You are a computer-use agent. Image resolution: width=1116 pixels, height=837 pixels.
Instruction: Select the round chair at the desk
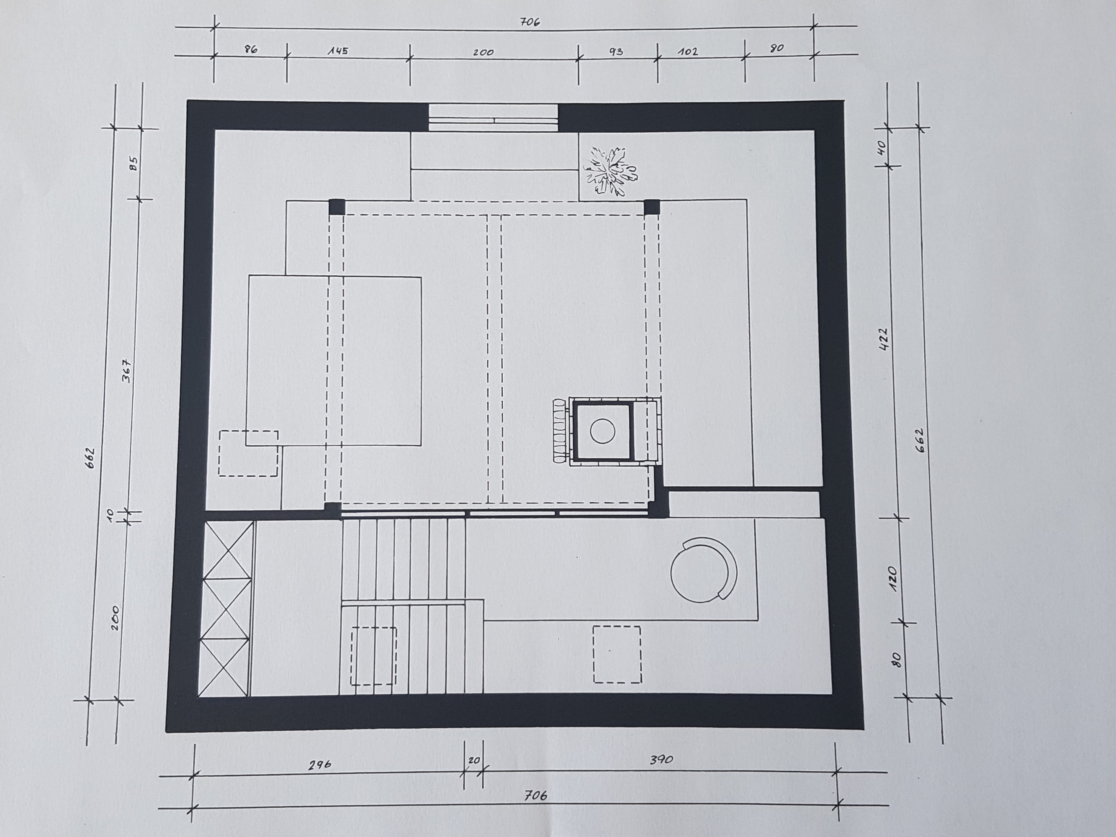point(704,570)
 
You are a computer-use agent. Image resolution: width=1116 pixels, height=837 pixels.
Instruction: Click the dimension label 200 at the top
point(483,52)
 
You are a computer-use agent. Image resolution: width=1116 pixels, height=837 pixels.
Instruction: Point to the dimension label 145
point(338,51)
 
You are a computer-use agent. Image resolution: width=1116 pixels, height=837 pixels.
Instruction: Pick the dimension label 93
point(616,51)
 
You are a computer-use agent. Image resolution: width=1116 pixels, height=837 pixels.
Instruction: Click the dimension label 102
point(688,51)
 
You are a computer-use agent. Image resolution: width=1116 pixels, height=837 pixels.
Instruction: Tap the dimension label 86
point(251,49)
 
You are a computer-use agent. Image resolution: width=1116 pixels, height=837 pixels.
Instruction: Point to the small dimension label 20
point(474,760)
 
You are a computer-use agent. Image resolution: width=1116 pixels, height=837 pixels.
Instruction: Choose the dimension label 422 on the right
point(883,339)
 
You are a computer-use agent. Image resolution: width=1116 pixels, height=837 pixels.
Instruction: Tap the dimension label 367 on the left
point(127,371)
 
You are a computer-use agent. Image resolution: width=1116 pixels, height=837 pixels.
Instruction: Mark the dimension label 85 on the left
point(134,164)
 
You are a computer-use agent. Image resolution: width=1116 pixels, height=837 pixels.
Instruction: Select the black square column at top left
point(337,207)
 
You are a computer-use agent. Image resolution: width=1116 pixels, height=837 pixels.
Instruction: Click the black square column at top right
point(652,207)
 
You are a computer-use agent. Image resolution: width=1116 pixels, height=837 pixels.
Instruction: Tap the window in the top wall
point(494,118)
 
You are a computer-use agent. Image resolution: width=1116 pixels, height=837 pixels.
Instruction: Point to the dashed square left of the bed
point(248,453)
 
